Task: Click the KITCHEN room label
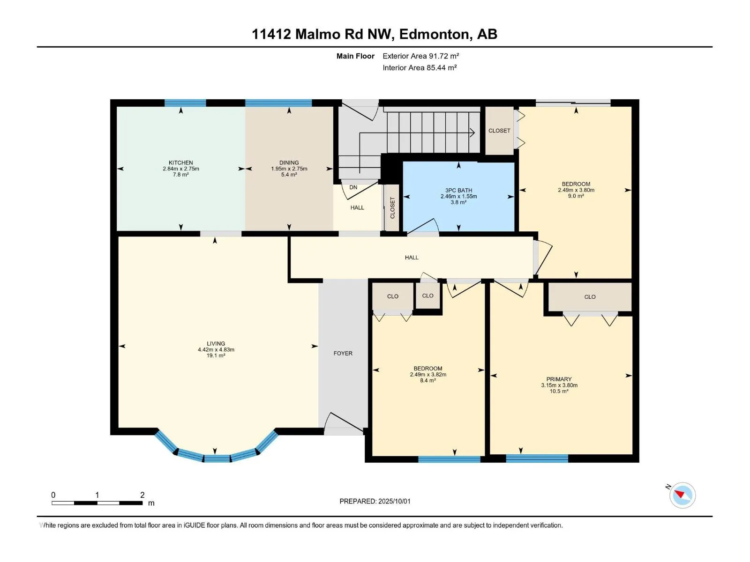pyautogui.click(x=181, y=163)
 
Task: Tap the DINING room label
pyautogui.click(x=289, y=163)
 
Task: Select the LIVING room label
pyautogui.click(x=216, y=344)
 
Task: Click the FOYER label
pyautogui.click(x=343, y=354)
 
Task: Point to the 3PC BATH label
pyautogui.click(x=458, y=191)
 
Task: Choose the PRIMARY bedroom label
pyautogui.click(x=559, y=379)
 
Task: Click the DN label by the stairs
pyautogui.click(x=353, y=187)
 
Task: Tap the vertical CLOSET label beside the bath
pyautogui.click(x=393, y=208)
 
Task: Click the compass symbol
pyautogui.click(x=682, y=495)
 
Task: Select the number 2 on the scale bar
pyautogui.click(x=142, y=495)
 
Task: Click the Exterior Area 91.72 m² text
pyautogui.click(x=420, y=56)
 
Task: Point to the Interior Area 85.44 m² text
pyautogui.click(x=420, y=67)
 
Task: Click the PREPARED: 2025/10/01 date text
pyautogui.click(x=375, y=501)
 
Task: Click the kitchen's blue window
pyautogui.click(x=185, y=103)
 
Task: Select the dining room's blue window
pyautogui.click(x=278, y=103)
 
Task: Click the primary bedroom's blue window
pyautogui.click(x=537, y=458)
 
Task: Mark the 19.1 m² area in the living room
pyautogui.click(x=216, y=355)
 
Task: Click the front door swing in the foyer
pyautogui.click(x=344, y=423)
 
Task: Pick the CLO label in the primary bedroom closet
pyautogui.click(x=590, y=297)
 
